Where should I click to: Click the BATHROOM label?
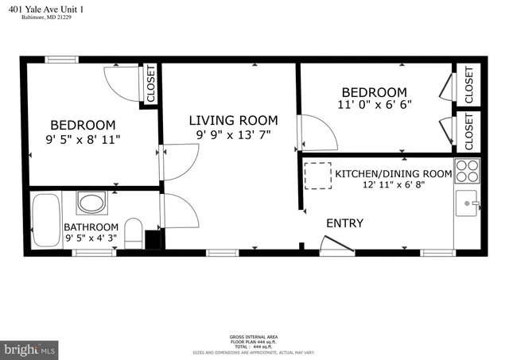[91, 226]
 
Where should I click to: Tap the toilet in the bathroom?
[134, 232]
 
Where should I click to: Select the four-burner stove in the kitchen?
[466, 172]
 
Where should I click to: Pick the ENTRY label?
[344, 223]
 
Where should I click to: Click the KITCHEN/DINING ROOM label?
[393, 172]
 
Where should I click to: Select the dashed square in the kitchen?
[319, 176]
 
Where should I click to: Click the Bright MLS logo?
[30, 349]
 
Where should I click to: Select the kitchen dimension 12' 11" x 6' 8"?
[392, 185]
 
